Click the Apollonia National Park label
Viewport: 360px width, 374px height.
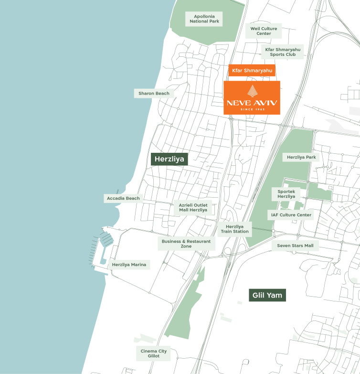(x=203, y=19)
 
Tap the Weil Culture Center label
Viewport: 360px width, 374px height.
(x=264, y=31)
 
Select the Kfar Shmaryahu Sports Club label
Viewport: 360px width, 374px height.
(x=284, y=52)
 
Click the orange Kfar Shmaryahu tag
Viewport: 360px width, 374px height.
(x=252, y=71)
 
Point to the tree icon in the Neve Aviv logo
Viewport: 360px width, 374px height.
(x=252, y=91)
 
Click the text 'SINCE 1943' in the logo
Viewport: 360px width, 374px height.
(x=252, y=109)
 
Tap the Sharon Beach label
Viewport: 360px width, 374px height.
(x=154, y=93)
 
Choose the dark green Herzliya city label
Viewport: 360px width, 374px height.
(x=169, y=159)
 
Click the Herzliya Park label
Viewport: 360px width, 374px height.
(x=301, y=157)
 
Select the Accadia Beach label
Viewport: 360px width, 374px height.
(x=123, y=198)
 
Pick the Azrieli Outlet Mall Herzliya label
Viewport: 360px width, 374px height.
(x=193, y=207)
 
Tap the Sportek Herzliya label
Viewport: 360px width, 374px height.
(x=286, y=194)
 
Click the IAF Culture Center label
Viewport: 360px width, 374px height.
(x=291, y=215)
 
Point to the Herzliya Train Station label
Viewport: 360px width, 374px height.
(x=234, y=229)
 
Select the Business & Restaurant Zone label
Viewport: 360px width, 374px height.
(x=186, y=244)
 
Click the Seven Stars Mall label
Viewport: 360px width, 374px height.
(x=295, y=246)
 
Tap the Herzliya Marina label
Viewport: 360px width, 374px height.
(x=129, y=265)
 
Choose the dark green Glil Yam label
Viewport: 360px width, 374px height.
(x=266, y=295)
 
